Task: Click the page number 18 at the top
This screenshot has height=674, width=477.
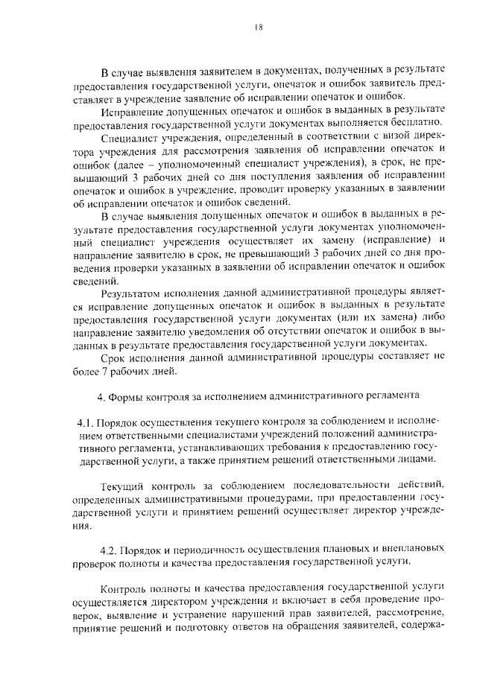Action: (x=259, y=27)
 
